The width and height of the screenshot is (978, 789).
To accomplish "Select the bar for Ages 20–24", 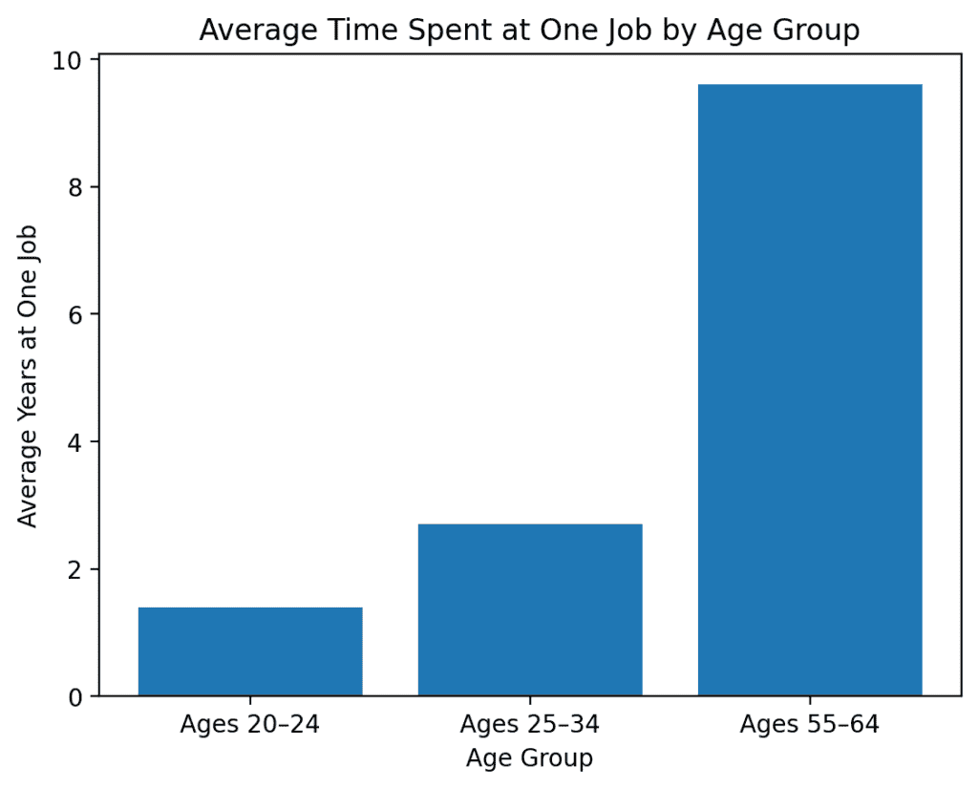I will pos(250,651).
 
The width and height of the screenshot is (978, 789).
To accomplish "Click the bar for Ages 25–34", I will pos(530,609).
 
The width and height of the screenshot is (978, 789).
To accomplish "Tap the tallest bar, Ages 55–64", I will pos(810,390).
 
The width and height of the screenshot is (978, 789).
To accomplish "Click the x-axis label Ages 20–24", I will pos(250,724).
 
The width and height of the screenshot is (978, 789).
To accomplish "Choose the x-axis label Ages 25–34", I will pos(530,724).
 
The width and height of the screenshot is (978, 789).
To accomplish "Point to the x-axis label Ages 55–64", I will pos(810,724).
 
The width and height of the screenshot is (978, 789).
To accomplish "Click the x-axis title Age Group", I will pos(529,758).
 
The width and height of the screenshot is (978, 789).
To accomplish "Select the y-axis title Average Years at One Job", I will pos(29,375).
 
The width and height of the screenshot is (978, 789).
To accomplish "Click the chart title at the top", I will pos(529,31).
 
